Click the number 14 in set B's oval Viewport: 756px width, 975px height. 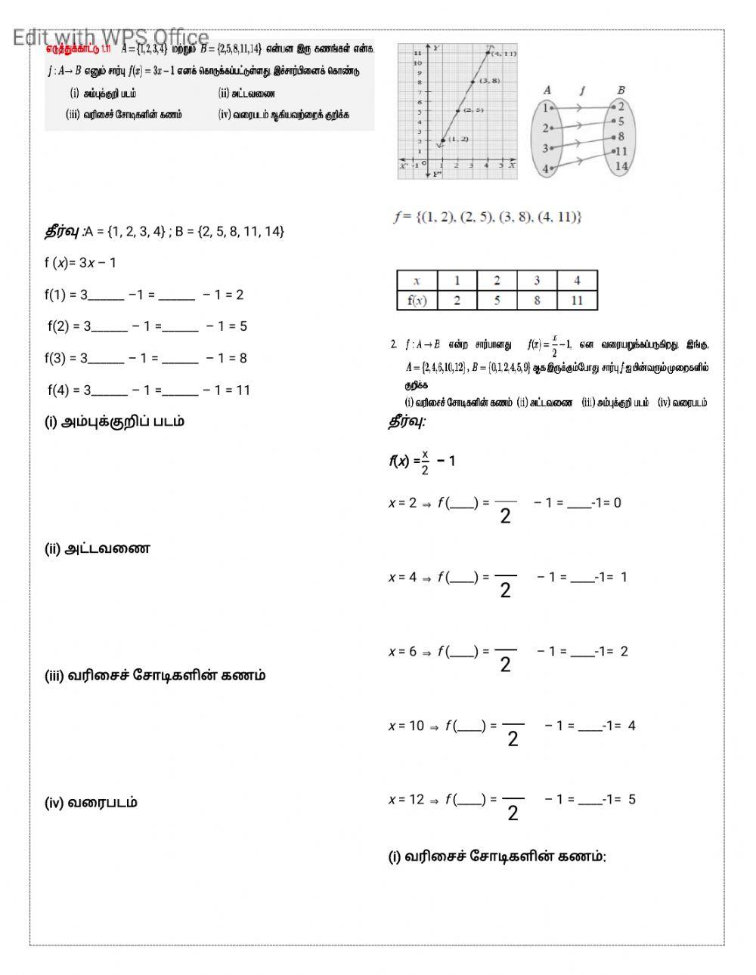(x=621, y=166)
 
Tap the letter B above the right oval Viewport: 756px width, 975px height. (x=621, y=90)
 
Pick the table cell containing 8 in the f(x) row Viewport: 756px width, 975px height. (x=537, y=300)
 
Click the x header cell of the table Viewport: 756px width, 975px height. (x=417, y=280)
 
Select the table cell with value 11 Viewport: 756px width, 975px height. (x=577, y=300)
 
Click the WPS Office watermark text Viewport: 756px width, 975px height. (x=110, y=37)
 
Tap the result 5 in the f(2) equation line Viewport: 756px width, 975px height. (x=243, y=326)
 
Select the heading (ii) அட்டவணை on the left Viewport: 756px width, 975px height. (x=97, y=548)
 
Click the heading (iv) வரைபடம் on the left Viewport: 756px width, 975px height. (x=91, y=802)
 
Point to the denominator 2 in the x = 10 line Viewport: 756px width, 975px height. (x=513, y=739)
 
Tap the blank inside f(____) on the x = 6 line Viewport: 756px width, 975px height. (x=463, y=652)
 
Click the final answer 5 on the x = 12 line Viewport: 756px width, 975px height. (x=631, y=799)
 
